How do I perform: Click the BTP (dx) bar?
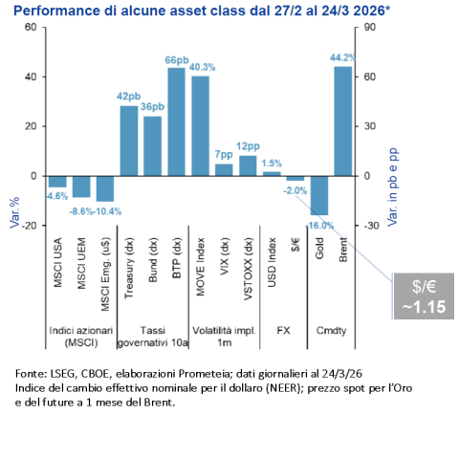coord(177,121)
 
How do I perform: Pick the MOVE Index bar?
coord(201,125)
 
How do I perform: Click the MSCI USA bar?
coord(57,182)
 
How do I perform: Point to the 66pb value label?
coord(177,59)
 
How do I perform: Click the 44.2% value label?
coord(343,58)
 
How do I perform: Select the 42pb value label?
coord(129,97)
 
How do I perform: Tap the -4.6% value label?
coord(57,195)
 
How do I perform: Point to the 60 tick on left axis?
coord(30,27)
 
